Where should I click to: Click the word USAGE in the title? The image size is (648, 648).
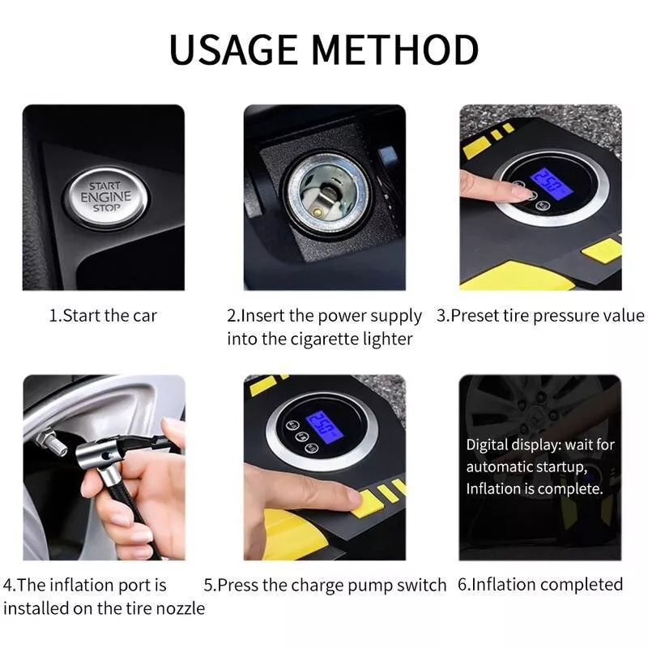(x=233, y=49)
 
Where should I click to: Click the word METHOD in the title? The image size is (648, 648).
(x=395, y=49)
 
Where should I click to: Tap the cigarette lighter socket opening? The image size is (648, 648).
(x=328, y=194)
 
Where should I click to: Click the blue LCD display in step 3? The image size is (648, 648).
(x=552, y=183)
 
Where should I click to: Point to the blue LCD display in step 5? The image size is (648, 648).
(x=324, y=427)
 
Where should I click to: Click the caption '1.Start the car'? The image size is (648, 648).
(x=103, y=316)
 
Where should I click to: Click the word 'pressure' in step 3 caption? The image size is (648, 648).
(x=563, y=316)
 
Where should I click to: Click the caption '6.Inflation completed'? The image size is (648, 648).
(x=540, y=585)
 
